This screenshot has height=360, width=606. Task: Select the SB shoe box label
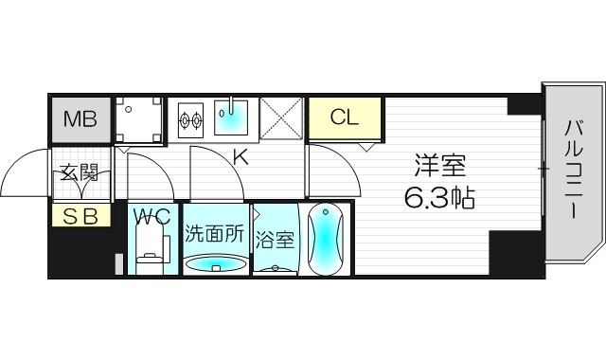tap(80, 216)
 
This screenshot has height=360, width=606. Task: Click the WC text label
tap(151, 215)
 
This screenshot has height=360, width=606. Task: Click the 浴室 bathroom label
tap(276, 240)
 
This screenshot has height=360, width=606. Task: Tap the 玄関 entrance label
tap(80, 173)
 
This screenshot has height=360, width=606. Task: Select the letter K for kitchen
tap(241, 157)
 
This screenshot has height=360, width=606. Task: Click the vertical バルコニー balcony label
tap(574, 168)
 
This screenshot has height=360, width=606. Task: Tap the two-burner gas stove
tap(191, 120)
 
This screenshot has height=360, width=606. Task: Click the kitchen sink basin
tap(231, 119)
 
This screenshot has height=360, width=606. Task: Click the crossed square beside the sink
tap(281, 119)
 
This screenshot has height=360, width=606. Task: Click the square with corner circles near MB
tap(137, 119)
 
